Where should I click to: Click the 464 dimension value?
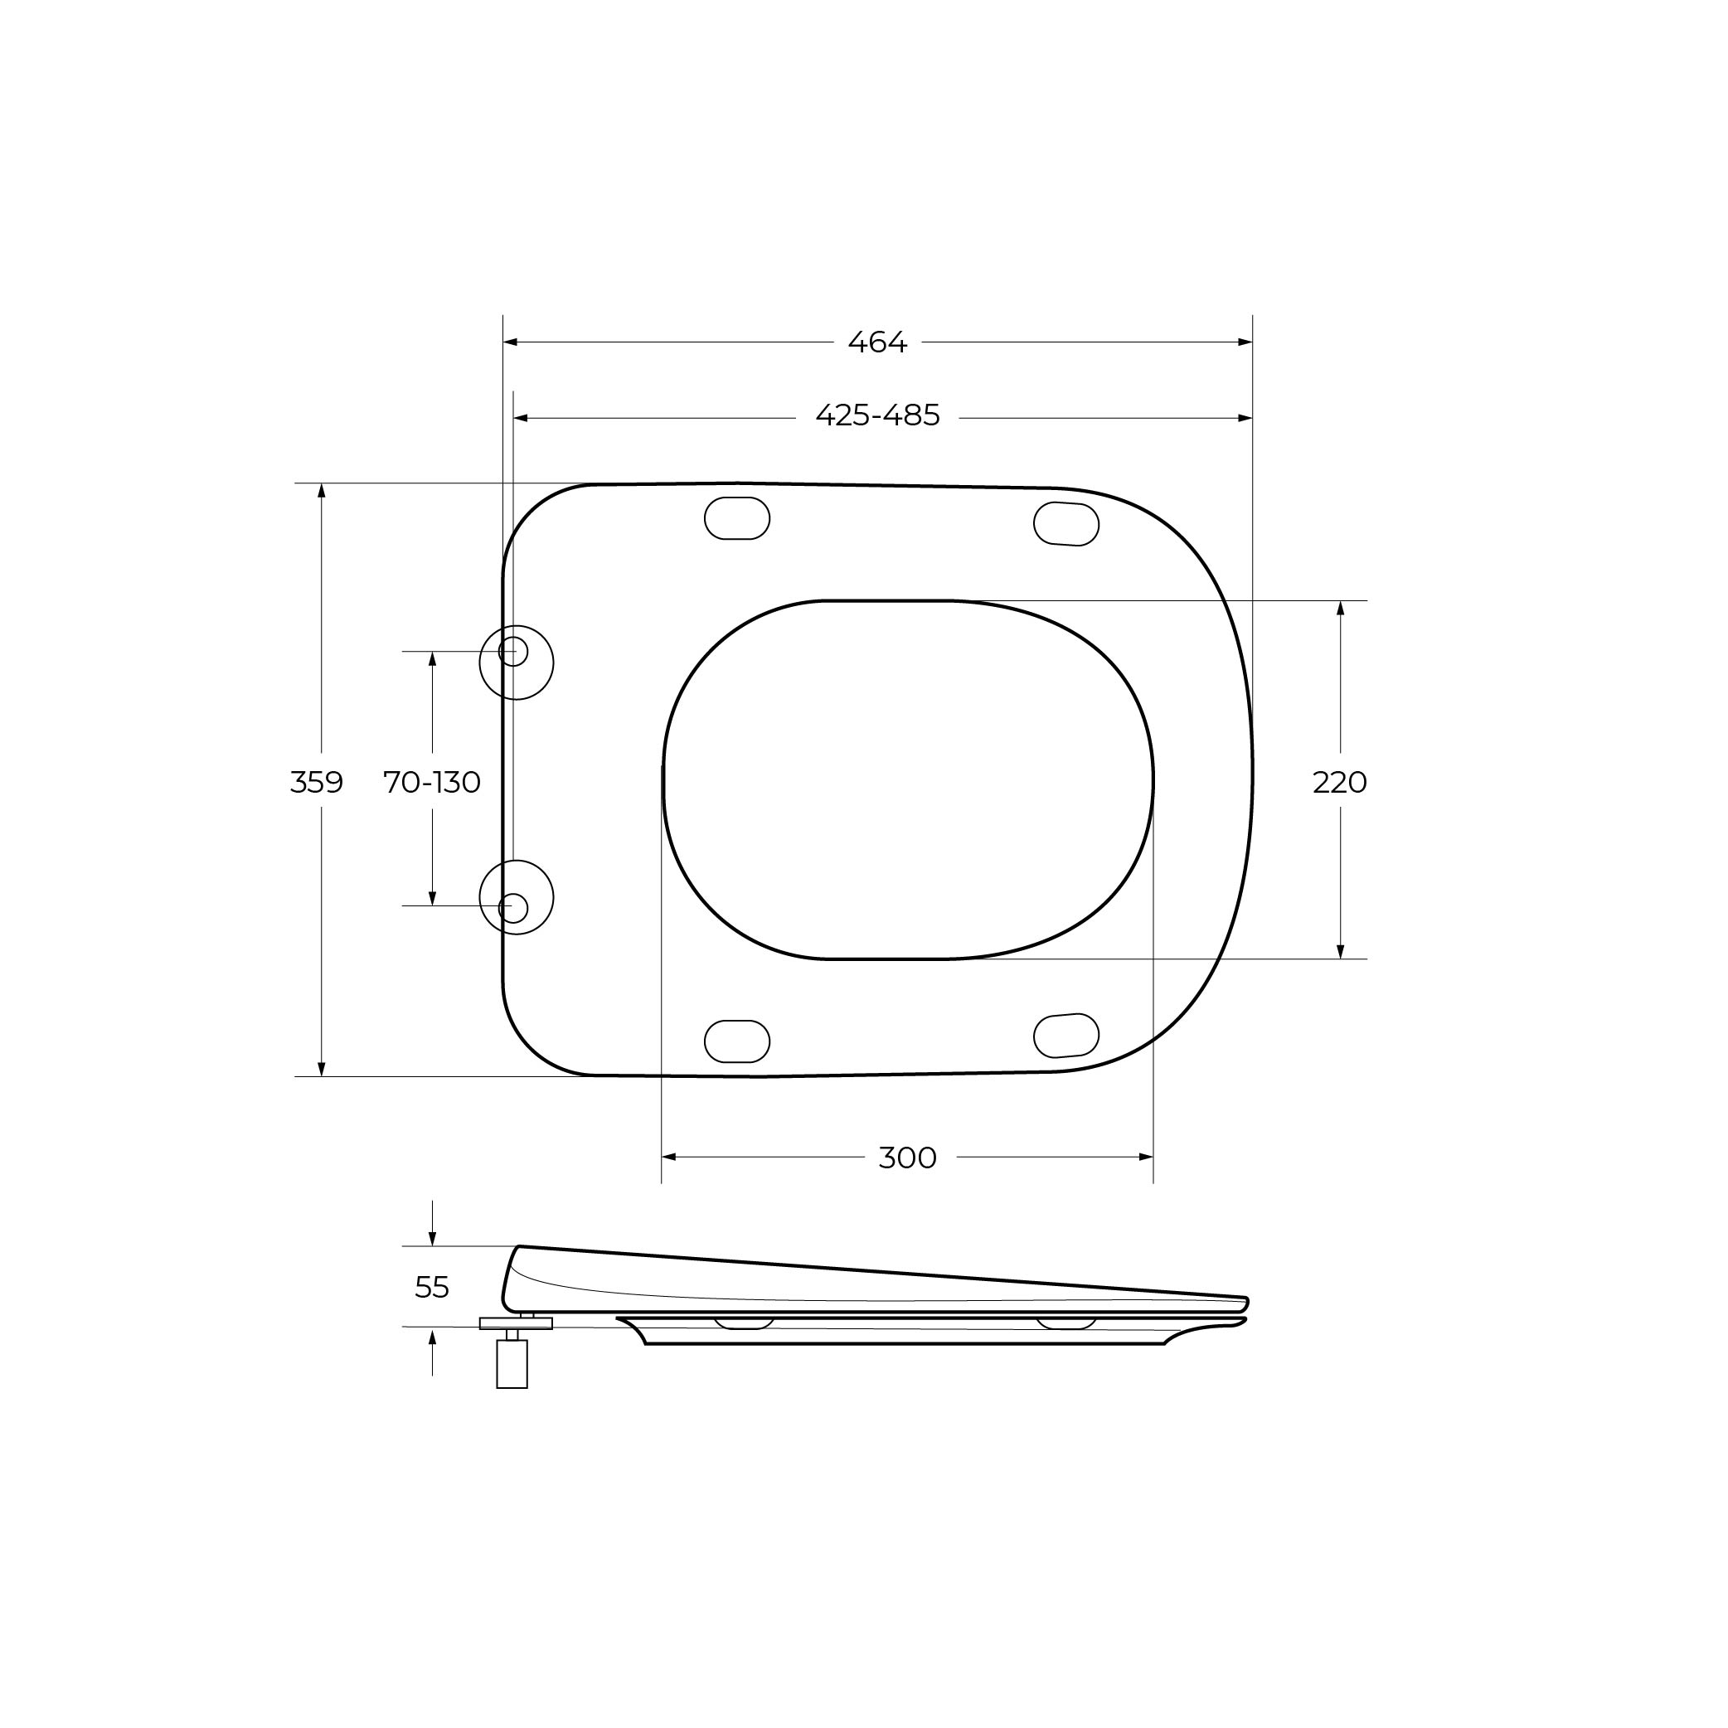tap(877, 342)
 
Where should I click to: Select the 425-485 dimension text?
tap(877, 416)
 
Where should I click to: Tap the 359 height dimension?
tap(317, 783)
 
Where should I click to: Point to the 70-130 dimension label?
tap(432, 783)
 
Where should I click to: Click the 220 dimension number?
tap(1340, 783)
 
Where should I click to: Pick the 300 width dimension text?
tap(907, 1158)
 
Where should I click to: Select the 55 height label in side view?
tap(432, 1288)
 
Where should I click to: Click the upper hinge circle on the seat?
tap(516, 663)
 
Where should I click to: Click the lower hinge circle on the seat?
tap(516, 898)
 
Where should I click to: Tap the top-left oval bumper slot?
tap(737, 518)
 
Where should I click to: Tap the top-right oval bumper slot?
tap(1066, 524)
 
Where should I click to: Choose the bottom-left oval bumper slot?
tap(737, 1041)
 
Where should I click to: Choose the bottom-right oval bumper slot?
tap(1066, 1036)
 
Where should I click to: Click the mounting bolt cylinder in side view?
tap(512, 1364)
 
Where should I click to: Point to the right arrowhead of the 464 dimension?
tap(1245, 342)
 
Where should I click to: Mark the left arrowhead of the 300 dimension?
tap(668, 1158)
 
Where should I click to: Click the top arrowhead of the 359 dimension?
tap(322, 491)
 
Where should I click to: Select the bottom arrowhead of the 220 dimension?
tap(1340, 952)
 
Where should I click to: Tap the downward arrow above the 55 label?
tap(432, 1239)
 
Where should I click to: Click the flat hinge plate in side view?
tap(516, 1323)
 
